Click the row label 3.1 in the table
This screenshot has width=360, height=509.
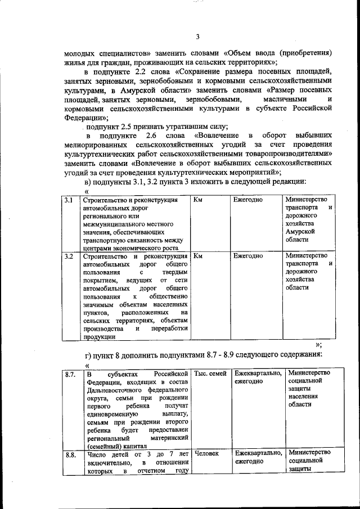tap(68, 200)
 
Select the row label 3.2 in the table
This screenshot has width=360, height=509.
tap(69, 256)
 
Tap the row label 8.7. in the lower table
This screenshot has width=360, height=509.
tap(70, 374)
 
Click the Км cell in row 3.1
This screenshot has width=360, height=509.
tap(198, 200)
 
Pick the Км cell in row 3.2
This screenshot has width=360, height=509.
tap(197, 255)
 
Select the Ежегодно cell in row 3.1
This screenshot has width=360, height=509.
tap(248, 200)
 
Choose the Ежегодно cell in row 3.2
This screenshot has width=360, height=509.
tap(248, 255)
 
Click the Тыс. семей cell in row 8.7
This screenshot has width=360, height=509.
tap(210, 373)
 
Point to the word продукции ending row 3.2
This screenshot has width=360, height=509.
tap(99, 337)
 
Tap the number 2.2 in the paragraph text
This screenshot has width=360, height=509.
tap(141, 73)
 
